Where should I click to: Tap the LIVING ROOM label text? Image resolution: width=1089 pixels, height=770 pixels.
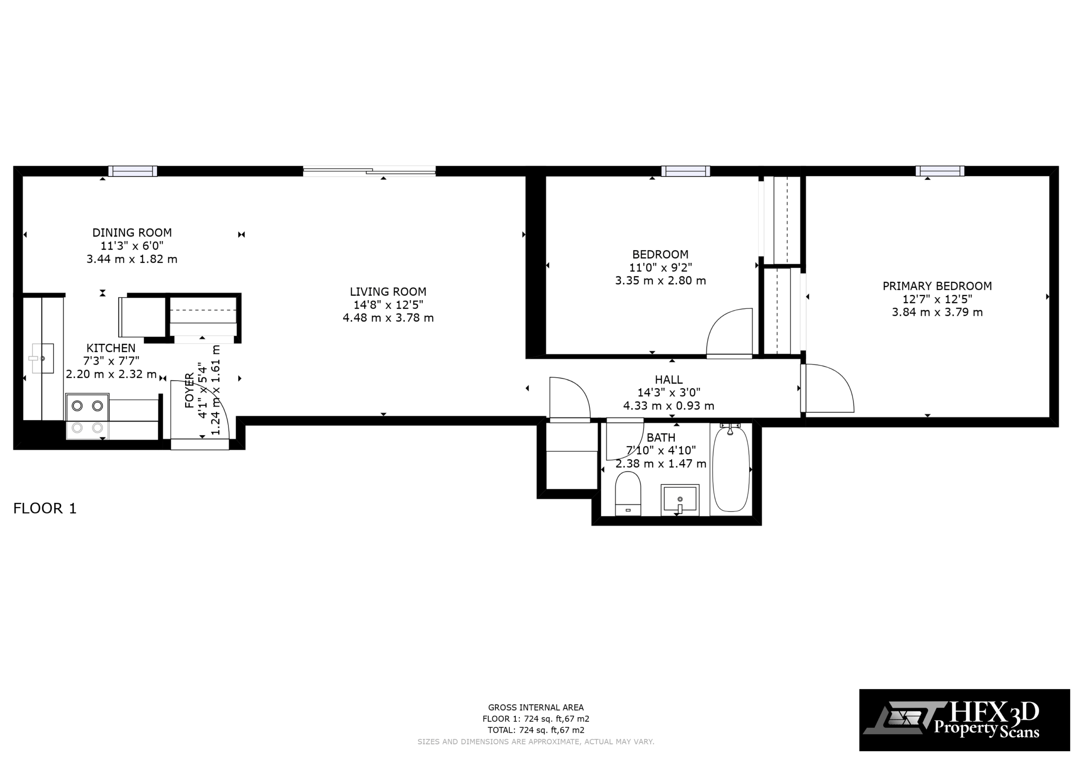[388, 292]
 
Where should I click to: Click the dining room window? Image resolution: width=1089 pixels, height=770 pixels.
[133, 171]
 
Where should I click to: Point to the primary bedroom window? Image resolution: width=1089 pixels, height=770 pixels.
[940, 171]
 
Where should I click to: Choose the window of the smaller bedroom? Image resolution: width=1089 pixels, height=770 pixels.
[686, 171]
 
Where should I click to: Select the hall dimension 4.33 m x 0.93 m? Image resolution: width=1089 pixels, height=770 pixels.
[669, 406]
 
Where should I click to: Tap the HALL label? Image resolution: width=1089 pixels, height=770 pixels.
[669, 380]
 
